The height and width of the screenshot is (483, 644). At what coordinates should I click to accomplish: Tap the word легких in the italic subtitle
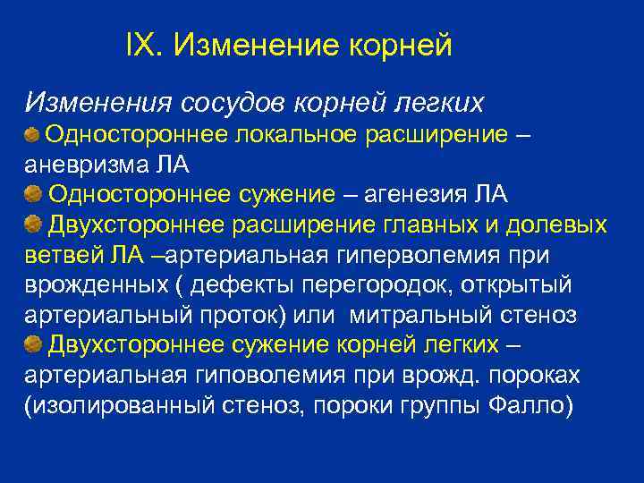437,103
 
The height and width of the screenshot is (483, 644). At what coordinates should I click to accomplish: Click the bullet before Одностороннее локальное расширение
32,135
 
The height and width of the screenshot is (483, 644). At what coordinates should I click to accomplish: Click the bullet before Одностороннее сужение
32,194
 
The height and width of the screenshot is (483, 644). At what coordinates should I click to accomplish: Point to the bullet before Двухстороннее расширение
32,224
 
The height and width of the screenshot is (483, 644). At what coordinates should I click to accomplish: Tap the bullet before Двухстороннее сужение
32,344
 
